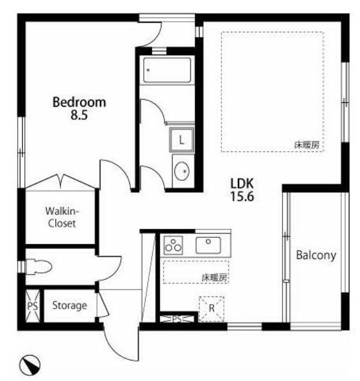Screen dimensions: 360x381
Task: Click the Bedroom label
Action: (x=79, y=102)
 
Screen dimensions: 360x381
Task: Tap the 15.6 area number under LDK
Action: (x=242, y=196)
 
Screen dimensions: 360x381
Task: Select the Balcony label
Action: (x=316, y=255)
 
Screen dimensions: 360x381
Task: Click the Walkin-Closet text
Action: (x=62, y=217)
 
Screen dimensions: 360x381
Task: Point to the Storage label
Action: (x=70, y=306)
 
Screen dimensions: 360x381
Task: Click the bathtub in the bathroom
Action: (x=167, y=70)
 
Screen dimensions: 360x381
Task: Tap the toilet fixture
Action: (x=38, y=267)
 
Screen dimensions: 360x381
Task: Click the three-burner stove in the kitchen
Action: (x=173, y=245)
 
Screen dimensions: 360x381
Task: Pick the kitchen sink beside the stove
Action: (x=208, y=245)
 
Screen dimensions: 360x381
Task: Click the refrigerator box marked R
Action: (x=211, y=309)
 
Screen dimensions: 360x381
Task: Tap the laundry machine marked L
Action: (x=182, y=140)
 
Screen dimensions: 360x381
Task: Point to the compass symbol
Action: (x=29, y=365)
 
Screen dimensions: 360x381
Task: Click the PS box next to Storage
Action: (x=32, y=306)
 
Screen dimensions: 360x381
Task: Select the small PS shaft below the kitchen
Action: (x=177, y=319)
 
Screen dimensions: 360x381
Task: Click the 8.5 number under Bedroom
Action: (x=79, y=115)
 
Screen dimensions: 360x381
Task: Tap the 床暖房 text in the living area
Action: (x=307, y=145)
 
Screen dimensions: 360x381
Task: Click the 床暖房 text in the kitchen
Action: (x=214, y=278)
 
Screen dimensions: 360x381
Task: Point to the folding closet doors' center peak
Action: (x=60, y=176)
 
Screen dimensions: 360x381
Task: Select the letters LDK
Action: (x=242, y=184)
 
